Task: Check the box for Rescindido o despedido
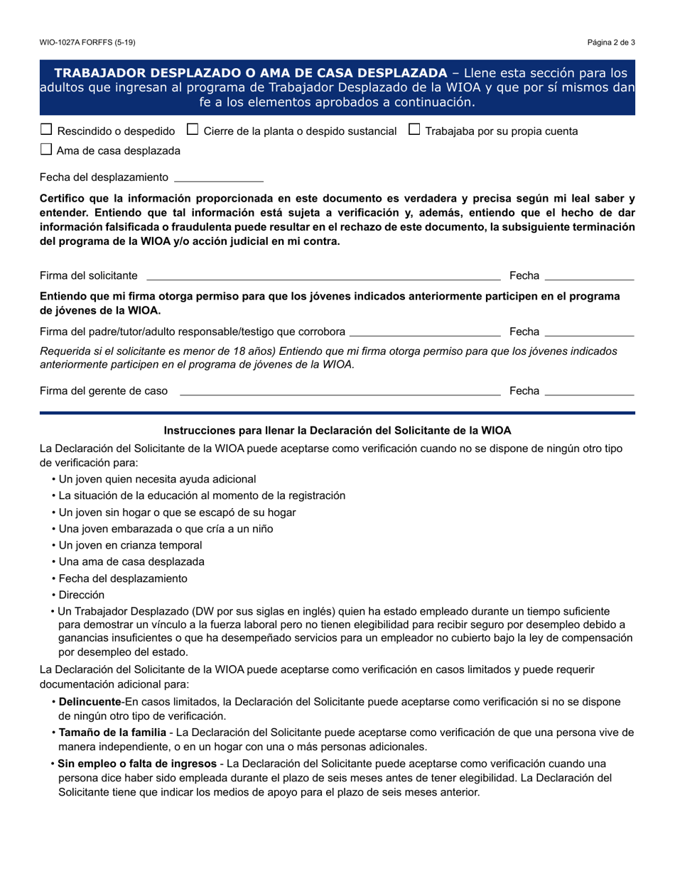click(x=46, y=130)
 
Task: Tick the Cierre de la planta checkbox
click(x=193, y=130)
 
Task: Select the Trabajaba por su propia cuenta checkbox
click(x=415, y=130)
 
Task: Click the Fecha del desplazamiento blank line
click(x=218, y=178)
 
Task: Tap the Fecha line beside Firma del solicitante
click(x=589, y=276)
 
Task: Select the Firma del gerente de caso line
click(x=340, y=391)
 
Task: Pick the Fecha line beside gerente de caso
click(x=589, y=391)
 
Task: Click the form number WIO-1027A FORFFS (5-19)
click(x=87, y=43)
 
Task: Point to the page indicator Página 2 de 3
click(x=611, y=43)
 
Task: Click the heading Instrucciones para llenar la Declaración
click(x=337, y=430)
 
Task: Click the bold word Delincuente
click(x=90, y=702)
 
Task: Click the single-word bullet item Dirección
click(x=81, y=595)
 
